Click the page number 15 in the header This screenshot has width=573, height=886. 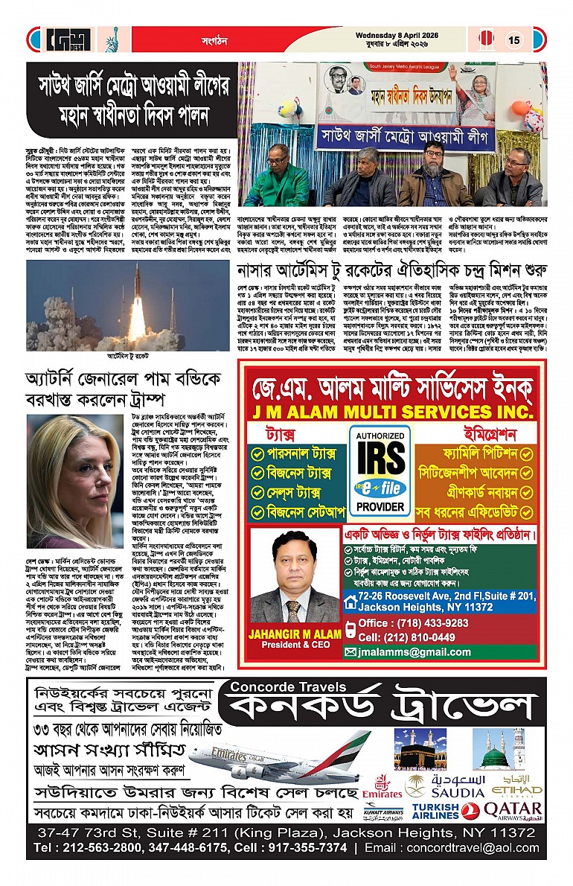pyautogui.click(x=513, y=41)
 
